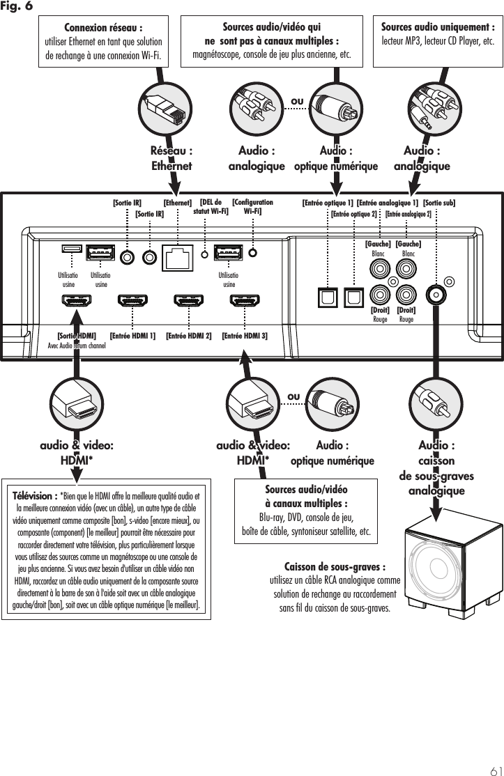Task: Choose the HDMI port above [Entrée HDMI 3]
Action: coord(245,303)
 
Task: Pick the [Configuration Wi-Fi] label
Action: coord(252,207)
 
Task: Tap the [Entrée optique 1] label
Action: coord(328,203)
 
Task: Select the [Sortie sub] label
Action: coord(439,203)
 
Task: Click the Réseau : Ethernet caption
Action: coord(171,158)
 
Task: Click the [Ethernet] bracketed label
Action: coord(177,203)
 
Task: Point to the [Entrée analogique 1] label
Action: coord(387,203)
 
